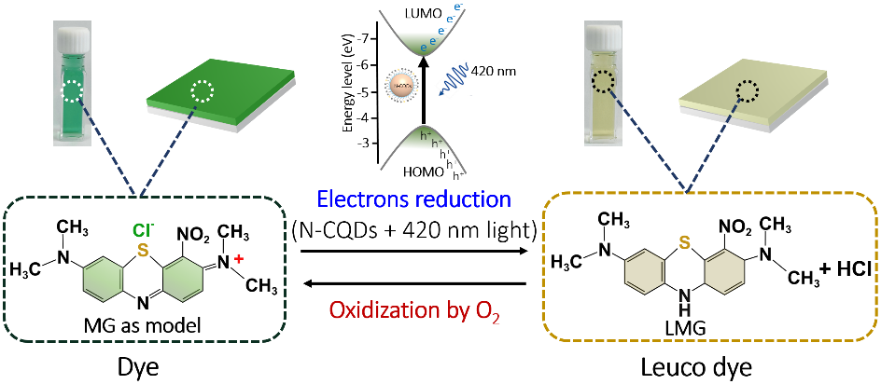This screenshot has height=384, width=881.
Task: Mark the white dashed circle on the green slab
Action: pos(202,91)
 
